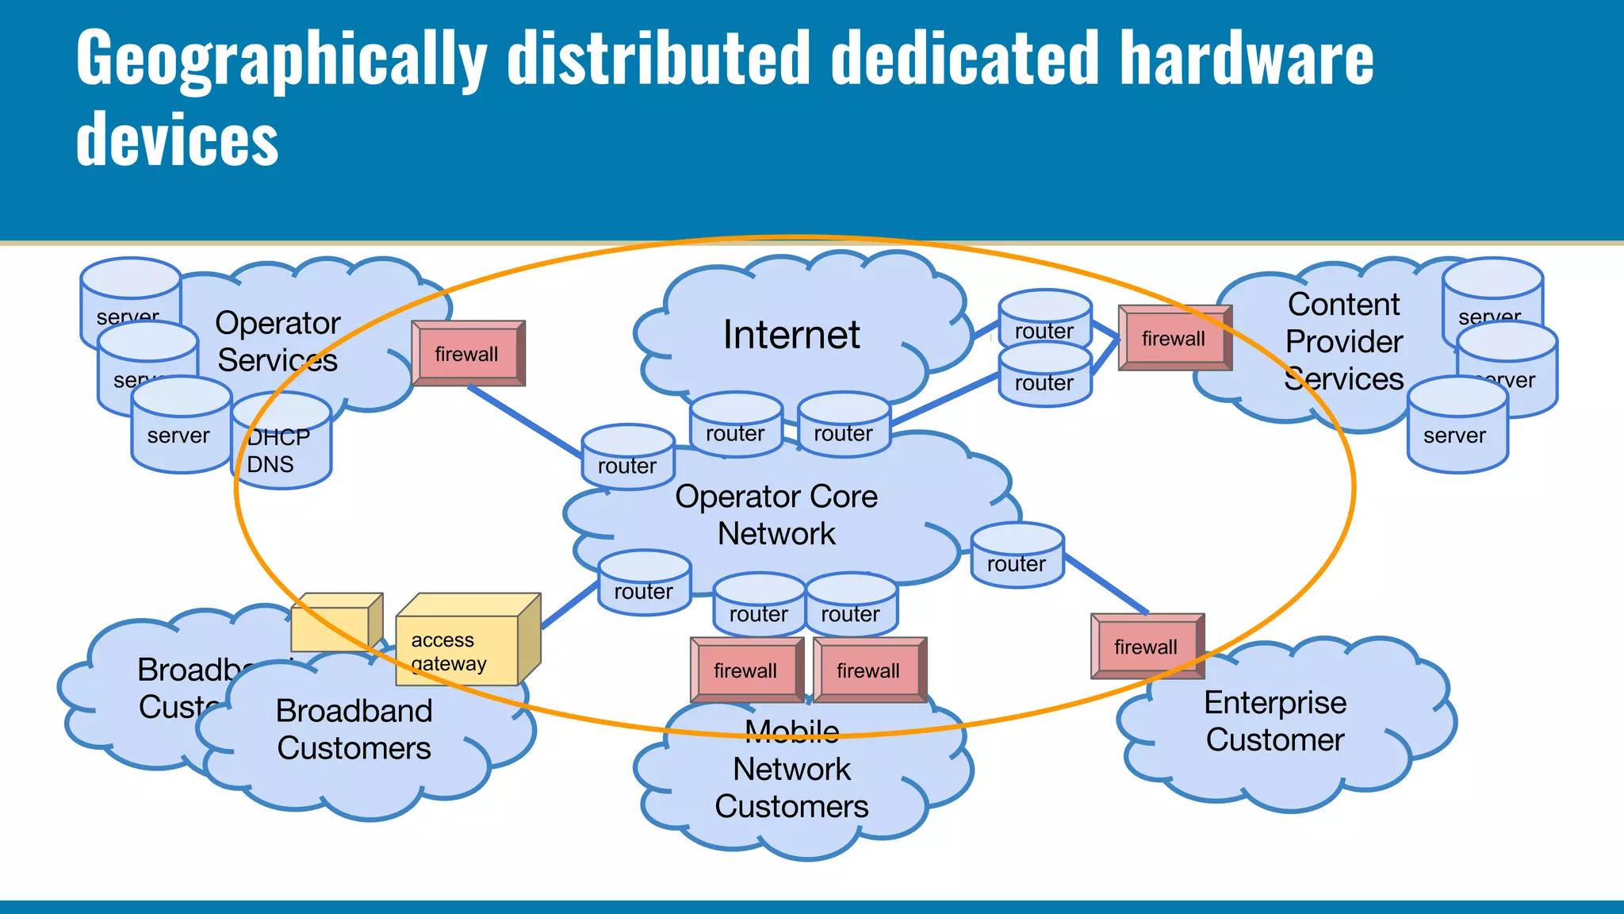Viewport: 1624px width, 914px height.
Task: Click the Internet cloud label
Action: click(x=791, y=335)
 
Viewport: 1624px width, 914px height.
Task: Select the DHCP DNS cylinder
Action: click(x=282, y=449)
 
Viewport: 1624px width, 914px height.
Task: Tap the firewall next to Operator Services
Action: click(x=467, y=354)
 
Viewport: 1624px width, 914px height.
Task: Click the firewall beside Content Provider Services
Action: click(x=1173, y=339)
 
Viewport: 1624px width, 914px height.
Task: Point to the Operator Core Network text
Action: click(x=776, y=515)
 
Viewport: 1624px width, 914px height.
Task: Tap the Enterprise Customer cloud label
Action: click(x=1274, y=721)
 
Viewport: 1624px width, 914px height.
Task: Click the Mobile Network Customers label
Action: click(x=791, y=770)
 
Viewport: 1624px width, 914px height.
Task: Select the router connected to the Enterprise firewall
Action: click(x=1017, y=559)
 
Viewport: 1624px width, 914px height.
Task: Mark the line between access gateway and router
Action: click(x=569, y=605)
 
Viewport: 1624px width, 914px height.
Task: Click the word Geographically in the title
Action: click(x=282, y=60)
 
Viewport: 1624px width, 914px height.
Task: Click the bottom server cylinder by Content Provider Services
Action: click(x=1457, y=432)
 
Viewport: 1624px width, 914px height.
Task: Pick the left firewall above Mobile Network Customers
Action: click(x=745, y=670)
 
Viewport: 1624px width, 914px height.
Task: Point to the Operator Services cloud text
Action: click(x=278, y=342)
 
